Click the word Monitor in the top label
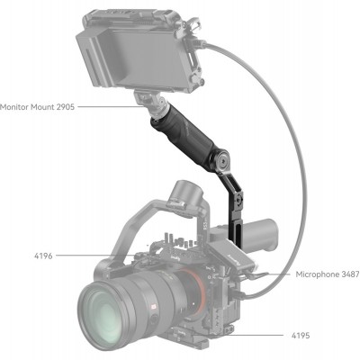tap(14, 106)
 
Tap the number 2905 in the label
tap(62, 106)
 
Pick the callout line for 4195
tap(261, 335)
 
